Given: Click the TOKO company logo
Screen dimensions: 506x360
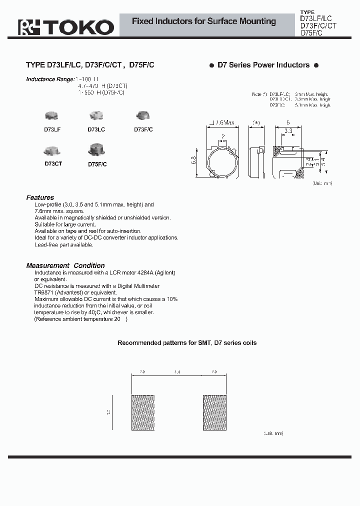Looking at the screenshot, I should click(x=66, y=26).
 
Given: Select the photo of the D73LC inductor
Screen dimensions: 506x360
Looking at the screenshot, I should click(x=96, y=116).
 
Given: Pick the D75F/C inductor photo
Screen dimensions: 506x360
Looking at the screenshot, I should click(x=96, y=149).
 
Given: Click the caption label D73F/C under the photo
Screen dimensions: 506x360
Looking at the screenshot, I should click(x=143, y=129).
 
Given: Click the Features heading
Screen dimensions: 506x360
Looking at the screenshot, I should click(x=40, y=197).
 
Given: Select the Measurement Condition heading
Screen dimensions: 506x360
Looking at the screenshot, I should click(x=65, y=265).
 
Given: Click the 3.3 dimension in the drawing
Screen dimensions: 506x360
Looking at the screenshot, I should click(x=288, y=130).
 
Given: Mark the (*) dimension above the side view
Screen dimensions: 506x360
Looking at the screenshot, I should click(x=256, y=123).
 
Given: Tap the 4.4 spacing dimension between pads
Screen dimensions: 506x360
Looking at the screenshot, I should click(x=178, y=372).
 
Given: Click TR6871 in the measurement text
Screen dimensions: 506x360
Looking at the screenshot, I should click(x=43, y=292).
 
